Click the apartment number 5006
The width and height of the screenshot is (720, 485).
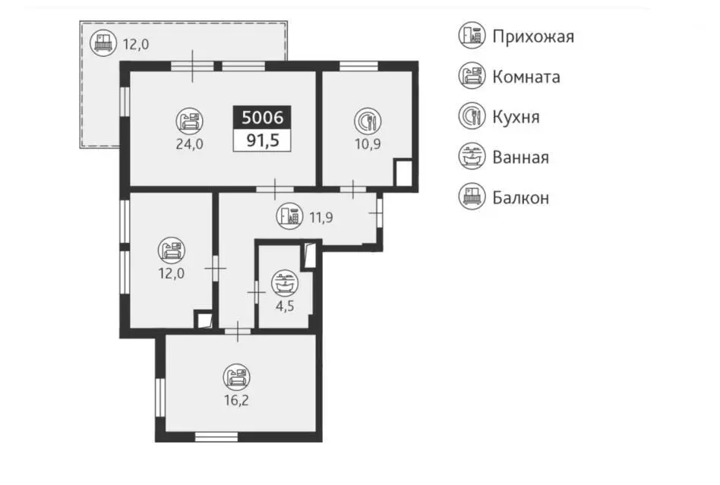(x=262, y=118)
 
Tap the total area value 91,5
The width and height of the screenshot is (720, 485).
(x=263, y=140)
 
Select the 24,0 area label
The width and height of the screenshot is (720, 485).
(x=189, y=144)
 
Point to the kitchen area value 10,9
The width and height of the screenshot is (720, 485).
(x=368, y=144)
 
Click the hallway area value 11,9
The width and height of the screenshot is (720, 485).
(x=321, y=217)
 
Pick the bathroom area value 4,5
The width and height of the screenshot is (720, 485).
(x=285, y=306)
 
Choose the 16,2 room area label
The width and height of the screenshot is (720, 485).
(x=236, y=400)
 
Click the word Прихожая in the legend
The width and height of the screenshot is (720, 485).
(x=533, y=36)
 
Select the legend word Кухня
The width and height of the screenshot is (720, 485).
(x=516, y=117)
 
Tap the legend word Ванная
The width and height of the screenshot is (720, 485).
(x=521, y=157)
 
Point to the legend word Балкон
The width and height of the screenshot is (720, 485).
(x=521, y=198)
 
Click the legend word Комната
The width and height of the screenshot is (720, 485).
(x=526, y=77)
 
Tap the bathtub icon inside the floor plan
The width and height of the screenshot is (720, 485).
(x=285, y=283)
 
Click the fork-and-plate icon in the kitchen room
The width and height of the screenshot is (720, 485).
(x=368, y=121)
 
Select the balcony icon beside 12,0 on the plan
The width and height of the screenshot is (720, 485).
(x=103, y=43)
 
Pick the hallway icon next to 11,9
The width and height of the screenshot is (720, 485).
(x=289, y=216)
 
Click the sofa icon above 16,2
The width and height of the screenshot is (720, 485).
(x=236, y=377)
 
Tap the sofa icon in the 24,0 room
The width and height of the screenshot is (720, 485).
(x=189, y=121)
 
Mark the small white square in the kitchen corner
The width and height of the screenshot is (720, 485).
(x=403, y=172)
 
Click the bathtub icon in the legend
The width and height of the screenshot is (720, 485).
(x=472, y=156)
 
